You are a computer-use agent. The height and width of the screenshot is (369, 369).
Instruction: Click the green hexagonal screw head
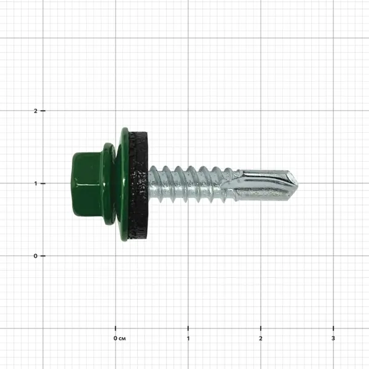[87, 184]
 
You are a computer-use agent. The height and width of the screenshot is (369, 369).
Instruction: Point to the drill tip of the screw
[298, 184]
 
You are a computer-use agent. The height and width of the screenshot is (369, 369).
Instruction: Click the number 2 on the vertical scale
[36, 111]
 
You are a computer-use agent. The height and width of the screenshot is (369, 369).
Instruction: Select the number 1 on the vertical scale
[36, 183]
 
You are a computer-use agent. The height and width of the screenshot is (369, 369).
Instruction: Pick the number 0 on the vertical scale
[35, 256]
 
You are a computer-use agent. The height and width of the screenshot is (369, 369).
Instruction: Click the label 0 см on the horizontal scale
[119, 338]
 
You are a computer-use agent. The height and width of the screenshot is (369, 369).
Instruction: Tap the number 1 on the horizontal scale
[188, 338]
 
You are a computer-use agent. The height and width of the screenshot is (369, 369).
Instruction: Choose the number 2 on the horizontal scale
[261, 338]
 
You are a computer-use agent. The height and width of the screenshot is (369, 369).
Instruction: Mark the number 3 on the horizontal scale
[333, 338]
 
